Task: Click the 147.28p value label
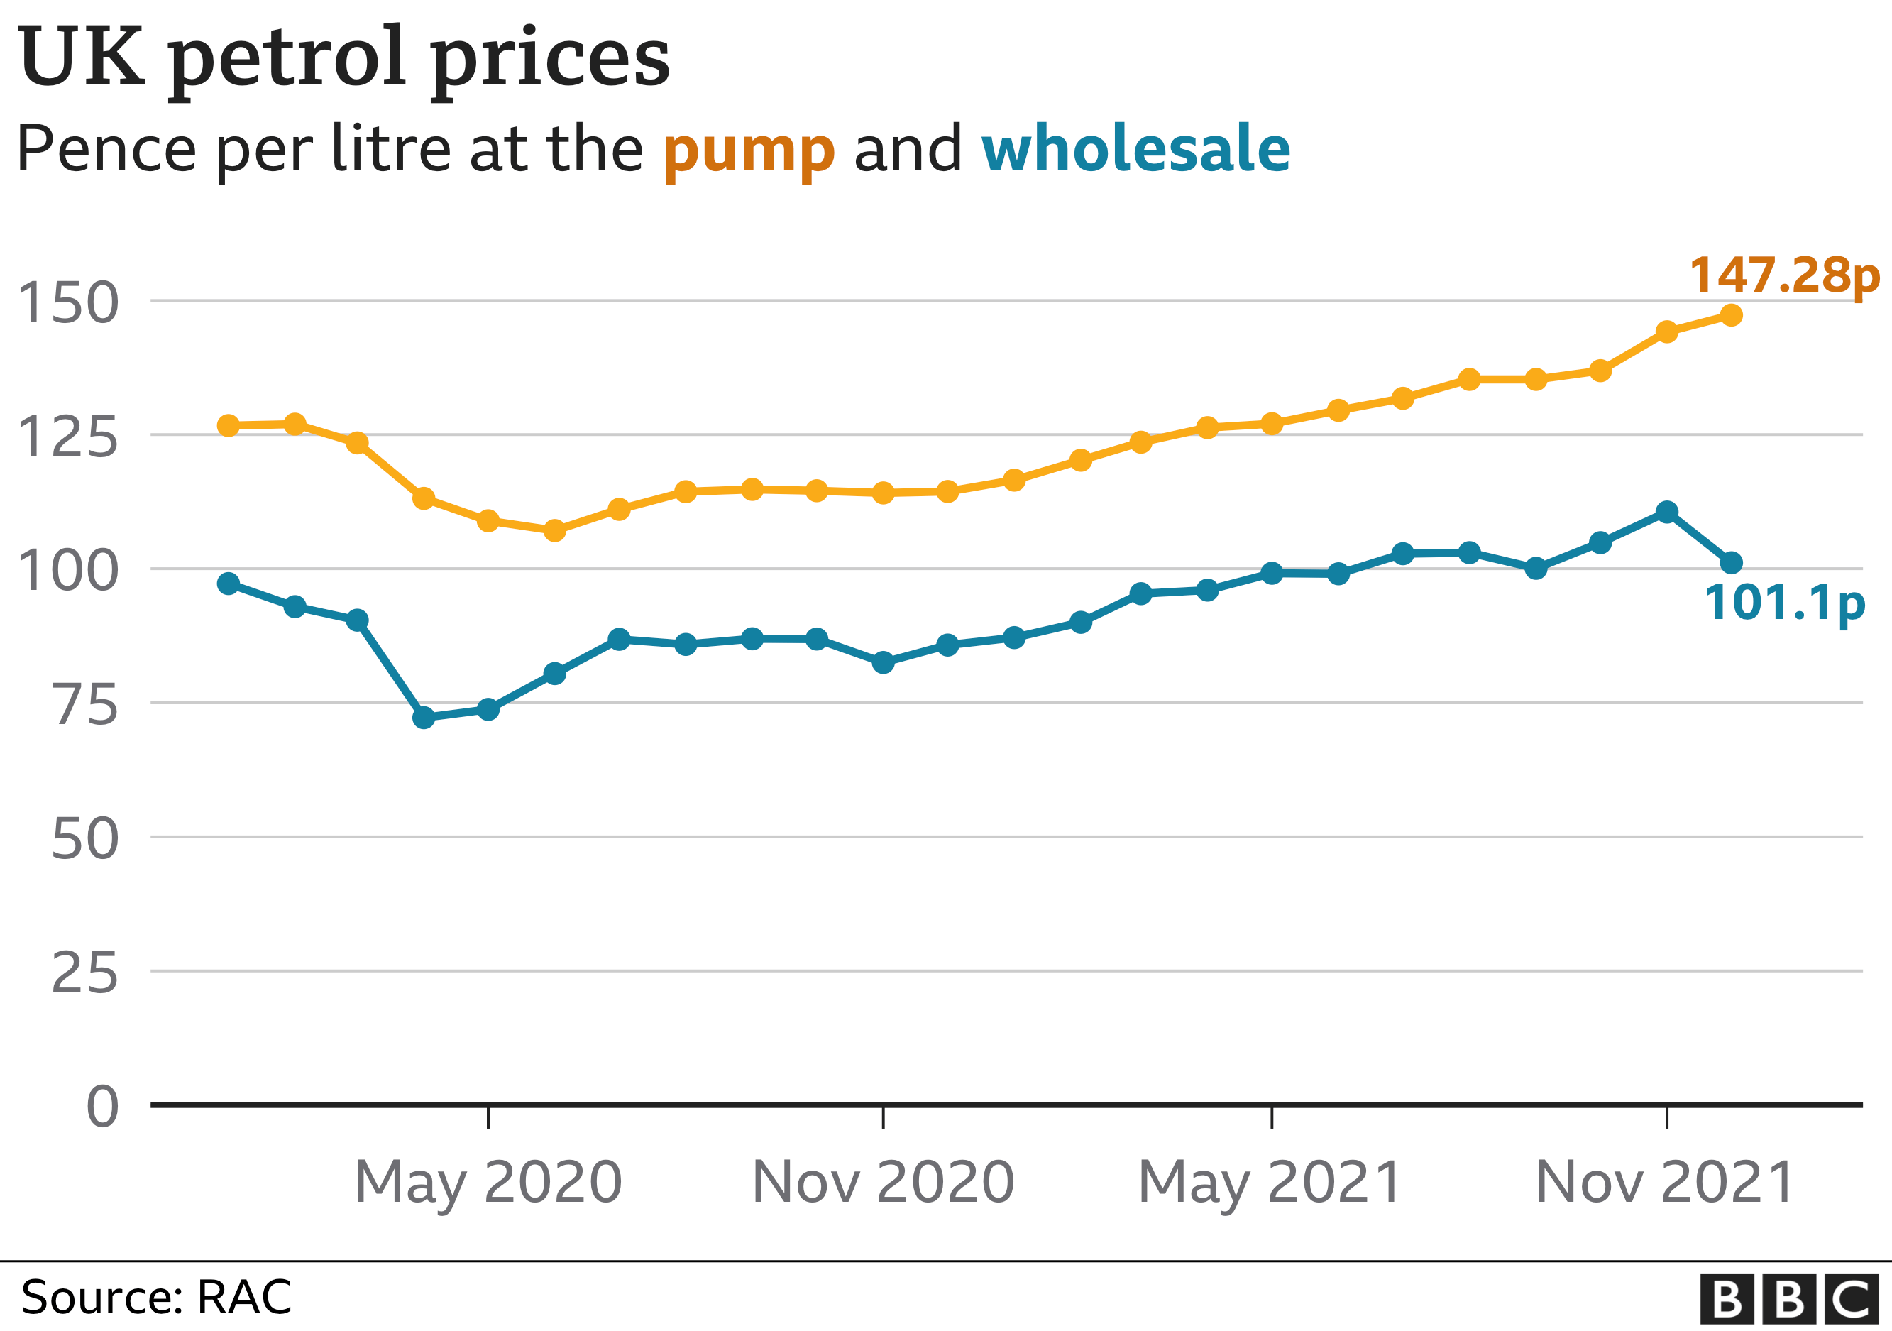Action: (1783, 276)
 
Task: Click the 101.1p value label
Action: (1784, 603)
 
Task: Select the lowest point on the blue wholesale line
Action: (424, 718)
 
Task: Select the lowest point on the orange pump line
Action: (554, 530)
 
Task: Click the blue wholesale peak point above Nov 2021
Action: (1666, 512)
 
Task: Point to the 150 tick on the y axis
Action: (67, 303)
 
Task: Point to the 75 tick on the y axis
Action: (86, 706)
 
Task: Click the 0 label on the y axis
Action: (102, 1107)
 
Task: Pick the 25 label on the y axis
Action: (85, 974)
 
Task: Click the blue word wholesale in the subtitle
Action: (1135, 148)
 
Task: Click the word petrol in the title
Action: (287, 60)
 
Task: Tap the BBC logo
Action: (1788, 1299)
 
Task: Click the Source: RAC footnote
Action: (157, 1297)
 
